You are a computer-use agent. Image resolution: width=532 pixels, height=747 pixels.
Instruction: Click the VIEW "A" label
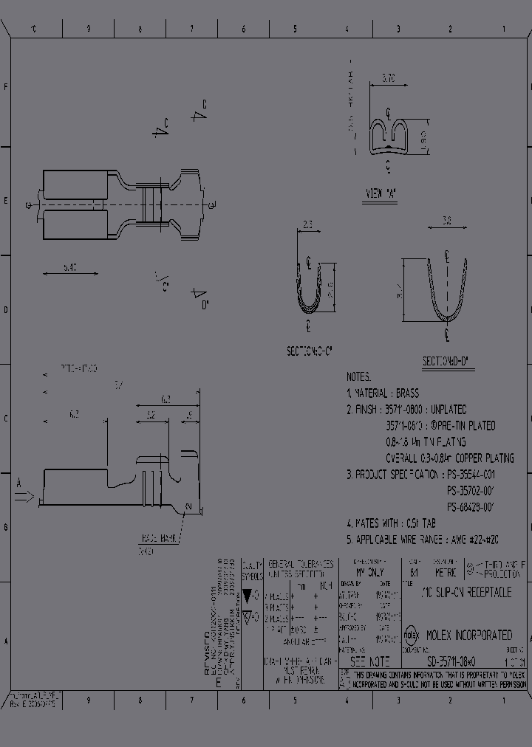pos(381,193)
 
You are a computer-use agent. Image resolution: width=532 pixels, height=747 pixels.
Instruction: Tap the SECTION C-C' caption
pos(310,352)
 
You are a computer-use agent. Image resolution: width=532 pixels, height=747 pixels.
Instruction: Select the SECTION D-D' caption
pos(447,362)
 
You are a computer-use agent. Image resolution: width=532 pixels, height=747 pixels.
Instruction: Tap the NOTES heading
pos(358,376)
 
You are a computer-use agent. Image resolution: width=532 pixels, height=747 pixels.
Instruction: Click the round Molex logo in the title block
pos(412,634)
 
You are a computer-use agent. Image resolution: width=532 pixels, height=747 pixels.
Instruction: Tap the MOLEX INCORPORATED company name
pos(467,635)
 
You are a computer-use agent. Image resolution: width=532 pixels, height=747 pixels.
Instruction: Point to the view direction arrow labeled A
pos(24,497)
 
